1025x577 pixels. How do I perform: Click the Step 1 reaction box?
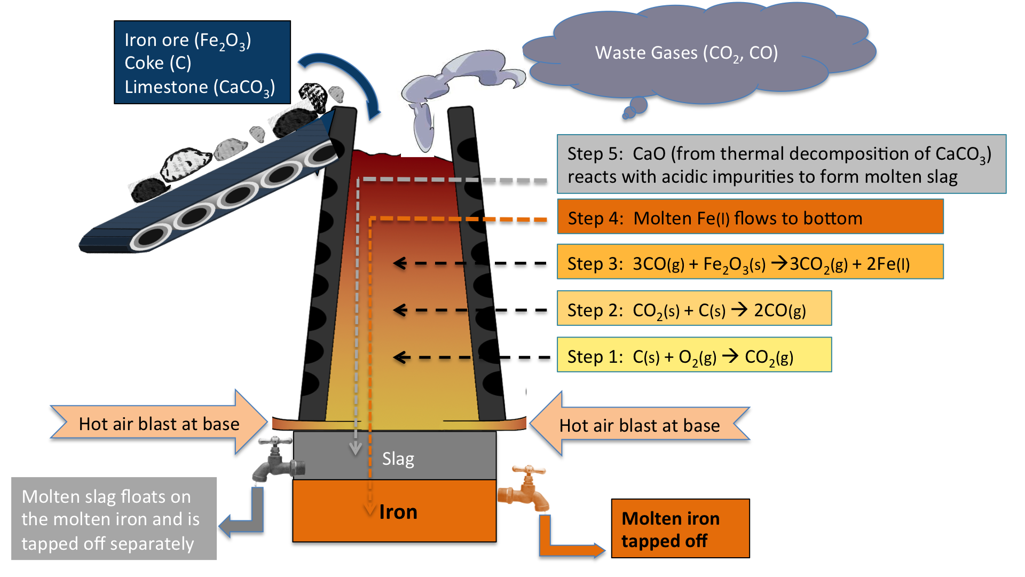point(694,355)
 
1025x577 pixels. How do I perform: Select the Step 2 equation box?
point(694,308)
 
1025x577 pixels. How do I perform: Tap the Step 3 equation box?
point(750,262)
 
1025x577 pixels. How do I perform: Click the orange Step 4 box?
point(750,216)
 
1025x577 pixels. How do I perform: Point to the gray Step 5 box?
point(781,164)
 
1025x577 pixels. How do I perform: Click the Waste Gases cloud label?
point(686,53)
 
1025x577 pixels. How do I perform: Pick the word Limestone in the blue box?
point(166,87)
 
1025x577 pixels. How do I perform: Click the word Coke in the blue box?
point(144,63)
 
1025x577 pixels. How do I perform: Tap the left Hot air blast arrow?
point(159,423)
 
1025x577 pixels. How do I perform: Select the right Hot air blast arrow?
point(640,425)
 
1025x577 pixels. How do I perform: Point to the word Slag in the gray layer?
point(398,458)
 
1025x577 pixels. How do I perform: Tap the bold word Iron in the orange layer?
point(398,512)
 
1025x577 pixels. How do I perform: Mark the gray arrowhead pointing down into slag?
point(356,449)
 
